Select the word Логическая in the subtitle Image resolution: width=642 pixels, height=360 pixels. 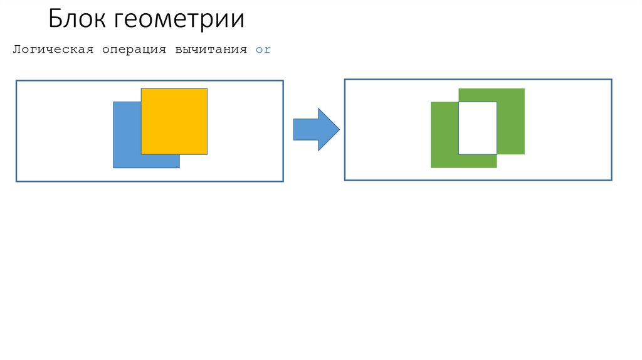(x=53, y=50)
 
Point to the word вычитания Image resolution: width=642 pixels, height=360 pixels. (x=211, y=50)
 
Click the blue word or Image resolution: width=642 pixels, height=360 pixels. (x=263, y=50)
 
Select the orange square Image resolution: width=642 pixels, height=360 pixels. (x=174, y=121)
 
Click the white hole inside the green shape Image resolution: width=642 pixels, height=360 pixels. (x=478, y=128)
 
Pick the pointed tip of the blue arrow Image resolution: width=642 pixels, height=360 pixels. (x=339, y=129)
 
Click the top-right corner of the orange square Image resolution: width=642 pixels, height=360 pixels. (x=207, y=88)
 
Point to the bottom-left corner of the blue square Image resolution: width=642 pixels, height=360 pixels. (x=113, y=167)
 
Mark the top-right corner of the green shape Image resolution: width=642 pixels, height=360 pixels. (x=524, y=89)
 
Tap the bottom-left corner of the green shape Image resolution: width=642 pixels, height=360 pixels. (x=431, y=167)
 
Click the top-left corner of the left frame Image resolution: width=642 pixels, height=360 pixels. (x=16, y=80)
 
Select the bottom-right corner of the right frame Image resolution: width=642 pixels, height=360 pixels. (x=611, y=180)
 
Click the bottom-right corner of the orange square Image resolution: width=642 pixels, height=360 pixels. (x=207, y=154)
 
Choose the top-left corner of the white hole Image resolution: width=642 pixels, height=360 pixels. (x=460, y=102)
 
